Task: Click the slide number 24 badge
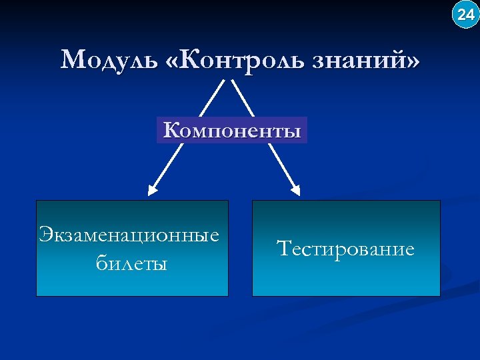[x=465, y=14]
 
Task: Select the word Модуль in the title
[x=106, y=61]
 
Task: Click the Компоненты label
[x=232, y=130]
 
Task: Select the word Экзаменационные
[x=129, y=235]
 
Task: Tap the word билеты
[x=131, y=263]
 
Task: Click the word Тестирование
[x=345, y=249]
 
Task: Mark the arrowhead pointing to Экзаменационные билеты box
[x=153, y=190]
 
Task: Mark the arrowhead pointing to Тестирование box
[x=295, y=189]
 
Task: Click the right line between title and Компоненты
[x=243, y=98]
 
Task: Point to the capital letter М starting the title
[x=71, y=61]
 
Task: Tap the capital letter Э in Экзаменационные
[x=45, y=235]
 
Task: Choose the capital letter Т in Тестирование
[x=283, y=249]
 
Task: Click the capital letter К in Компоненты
[x=171, y=130]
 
